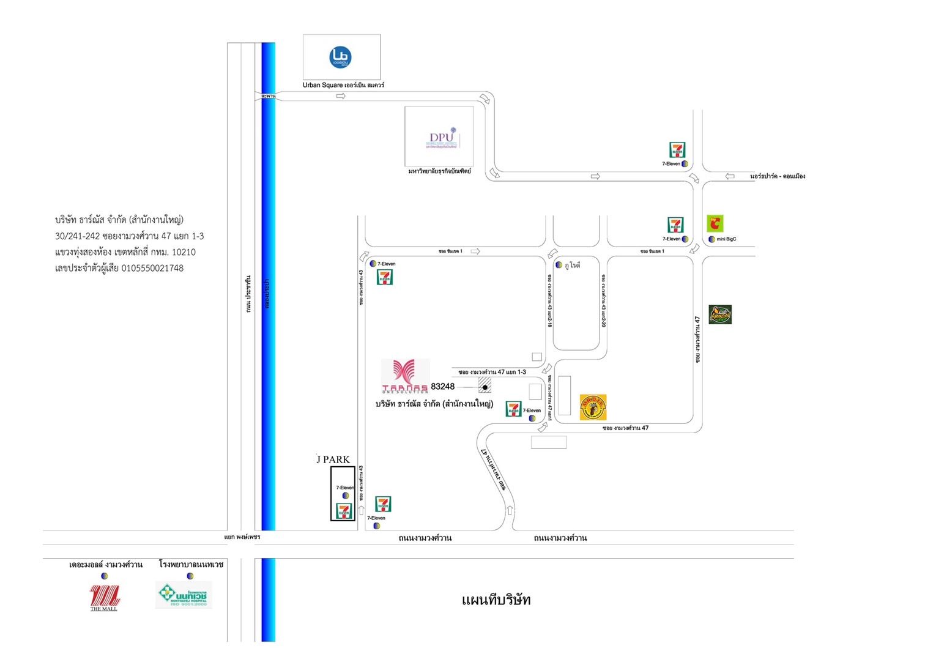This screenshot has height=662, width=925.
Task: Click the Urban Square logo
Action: point(340,57)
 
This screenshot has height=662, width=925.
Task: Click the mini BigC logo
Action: point(715,223)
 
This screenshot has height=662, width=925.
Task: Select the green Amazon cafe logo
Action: point(720,314)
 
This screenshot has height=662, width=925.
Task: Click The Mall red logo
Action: point(104,597)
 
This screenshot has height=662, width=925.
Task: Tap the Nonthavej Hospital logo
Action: point(184,595)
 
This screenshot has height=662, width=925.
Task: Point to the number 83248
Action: point(442,387)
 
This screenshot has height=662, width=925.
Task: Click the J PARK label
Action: point(333,459)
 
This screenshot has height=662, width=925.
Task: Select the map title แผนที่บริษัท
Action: point(496,600)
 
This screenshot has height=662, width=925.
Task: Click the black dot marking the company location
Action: point(485,387)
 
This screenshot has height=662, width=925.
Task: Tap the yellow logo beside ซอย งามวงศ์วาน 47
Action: point(593,407)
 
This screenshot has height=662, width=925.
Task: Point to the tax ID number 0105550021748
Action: point(152,268)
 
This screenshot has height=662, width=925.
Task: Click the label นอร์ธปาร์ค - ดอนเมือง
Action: point(777,176)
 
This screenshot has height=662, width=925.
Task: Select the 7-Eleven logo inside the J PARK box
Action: point(344,511)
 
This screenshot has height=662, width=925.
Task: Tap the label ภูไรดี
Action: point(572,265)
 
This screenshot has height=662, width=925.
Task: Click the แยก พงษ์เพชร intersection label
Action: point(242,537)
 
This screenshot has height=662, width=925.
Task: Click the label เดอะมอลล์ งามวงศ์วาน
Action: point(106,564)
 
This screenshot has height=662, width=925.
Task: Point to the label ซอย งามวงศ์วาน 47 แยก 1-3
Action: point(492,372)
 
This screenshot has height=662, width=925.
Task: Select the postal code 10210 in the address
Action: point(184,252)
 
